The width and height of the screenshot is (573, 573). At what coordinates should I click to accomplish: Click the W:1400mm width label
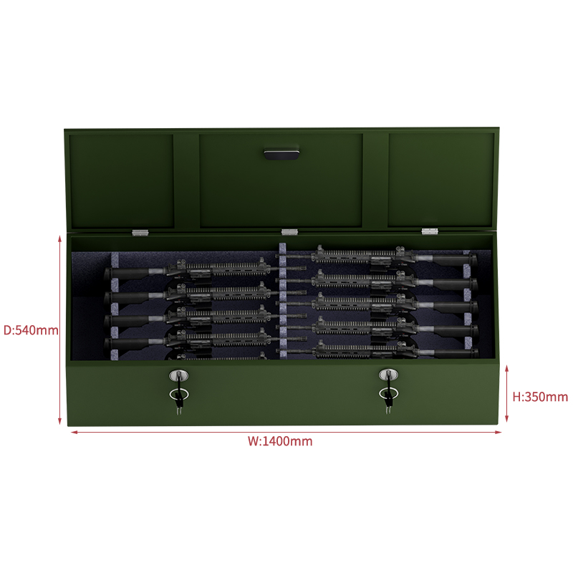click(x=280, y=441)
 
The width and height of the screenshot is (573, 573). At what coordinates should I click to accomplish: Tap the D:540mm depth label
click(x=31, y=330)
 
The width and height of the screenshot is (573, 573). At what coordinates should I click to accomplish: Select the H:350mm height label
click(x=540, y=397)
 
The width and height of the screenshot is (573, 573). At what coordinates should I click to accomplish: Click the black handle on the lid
click(x=281, y=153)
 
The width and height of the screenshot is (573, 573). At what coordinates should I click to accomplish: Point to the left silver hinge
click(x=140, y=232)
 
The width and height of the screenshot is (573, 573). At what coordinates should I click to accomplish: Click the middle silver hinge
click(x=289, y=231)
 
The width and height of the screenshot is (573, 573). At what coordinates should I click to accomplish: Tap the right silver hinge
click(x=430, y=231)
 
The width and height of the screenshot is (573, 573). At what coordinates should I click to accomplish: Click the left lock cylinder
click(x=178, y=375)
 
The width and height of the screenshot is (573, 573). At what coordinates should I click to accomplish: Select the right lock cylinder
click(x=388, y=375)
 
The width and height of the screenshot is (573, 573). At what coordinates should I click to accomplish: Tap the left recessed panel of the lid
click(x=122, y=181)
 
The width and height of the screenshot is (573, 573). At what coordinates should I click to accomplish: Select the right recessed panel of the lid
click(x=441, y=180)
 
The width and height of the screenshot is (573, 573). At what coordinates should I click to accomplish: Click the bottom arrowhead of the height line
click(x=506, y=420)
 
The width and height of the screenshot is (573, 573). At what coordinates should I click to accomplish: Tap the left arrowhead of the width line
click(x=73, y=433)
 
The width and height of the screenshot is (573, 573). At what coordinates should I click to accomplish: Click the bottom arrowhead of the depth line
click(x=59, y=422)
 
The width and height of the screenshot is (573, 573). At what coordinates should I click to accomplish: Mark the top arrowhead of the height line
click(x=506, y=367)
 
